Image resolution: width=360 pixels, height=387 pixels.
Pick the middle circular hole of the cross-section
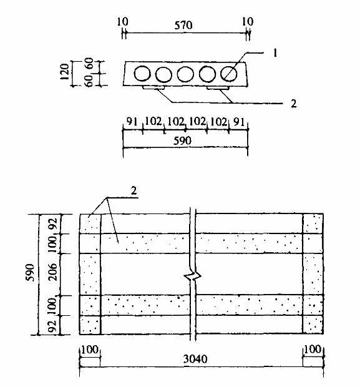coord(185,74)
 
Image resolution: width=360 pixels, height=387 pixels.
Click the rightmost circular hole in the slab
coord(228,74)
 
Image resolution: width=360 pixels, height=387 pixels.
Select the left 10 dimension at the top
coord(122,22)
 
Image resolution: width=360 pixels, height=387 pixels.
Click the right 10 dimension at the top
coord(248,22)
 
